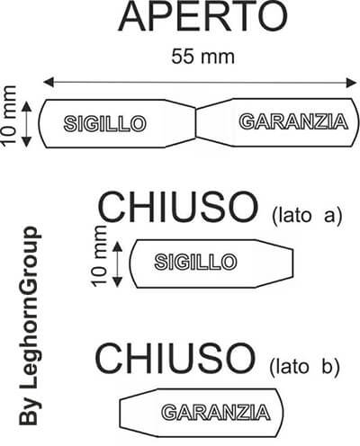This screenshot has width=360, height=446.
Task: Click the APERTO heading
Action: [x=203, y=16]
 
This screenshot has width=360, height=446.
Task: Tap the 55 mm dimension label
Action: [x=202, y=57]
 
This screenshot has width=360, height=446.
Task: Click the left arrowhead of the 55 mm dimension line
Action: [x=49, y=82]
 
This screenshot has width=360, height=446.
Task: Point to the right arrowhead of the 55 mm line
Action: [x=351, y=82]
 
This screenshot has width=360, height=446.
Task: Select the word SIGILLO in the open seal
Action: [x=104, y=123]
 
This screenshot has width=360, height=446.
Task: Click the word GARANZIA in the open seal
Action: [x=293, y=121]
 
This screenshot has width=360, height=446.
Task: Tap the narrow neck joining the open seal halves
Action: [x=196, y=123]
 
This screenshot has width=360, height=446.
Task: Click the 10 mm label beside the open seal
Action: [x=9, y=116]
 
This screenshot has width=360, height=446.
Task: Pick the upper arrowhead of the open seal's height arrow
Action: [x=27, y=107]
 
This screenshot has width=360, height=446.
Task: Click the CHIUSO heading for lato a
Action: [x=177, y=207]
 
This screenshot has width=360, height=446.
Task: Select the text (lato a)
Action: [x=307, y=216]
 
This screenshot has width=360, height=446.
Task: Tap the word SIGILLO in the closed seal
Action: [x=195, y=262]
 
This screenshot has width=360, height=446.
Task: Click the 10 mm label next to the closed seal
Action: [x=99, y=256]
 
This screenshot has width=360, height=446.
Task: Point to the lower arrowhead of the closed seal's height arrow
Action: [x=117, y=281]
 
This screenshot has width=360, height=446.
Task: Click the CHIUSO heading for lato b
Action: [x=175, y=359]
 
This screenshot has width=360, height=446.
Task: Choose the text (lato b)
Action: [x=304, y=367]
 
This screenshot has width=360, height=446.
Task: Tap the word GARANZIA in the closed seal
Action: [x=216, y=413]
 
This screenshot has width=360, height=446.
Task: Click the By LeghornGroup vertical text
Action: [x=29, y=326]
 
